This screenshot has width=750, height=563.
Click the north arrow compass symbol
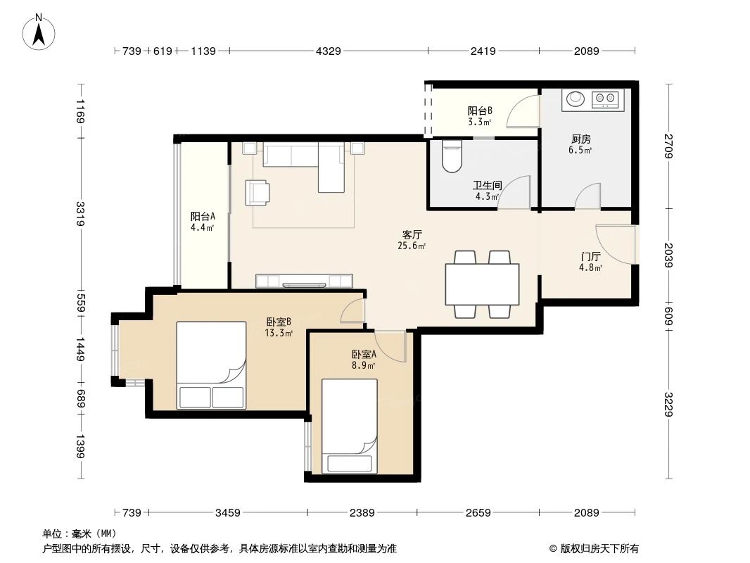[x=39, y=32]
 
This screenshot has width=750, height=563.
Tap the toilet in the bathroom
[x=450, y=156]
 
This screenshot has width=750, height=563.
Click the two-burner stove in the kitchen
[x=605, y=100]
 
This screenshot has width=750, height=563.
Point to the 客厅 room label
[x=412, y=234]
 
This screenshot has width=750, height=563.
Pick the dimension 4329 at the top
[x=328, y=51]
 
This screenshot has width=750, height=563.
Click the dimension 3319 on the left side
[x=81, y=213]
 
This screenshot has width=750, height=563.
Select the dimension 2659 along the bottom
[x=478, y=512]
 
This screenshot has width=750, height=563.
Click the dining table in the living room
[x=482, y=284]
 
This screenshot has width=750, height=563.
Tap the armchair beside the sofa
[x=257, y=192]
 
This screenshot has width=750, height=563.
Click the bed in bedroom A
[x=350, y=426]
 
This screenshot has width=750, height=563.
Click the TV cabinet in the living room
[x=304, y=281]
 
